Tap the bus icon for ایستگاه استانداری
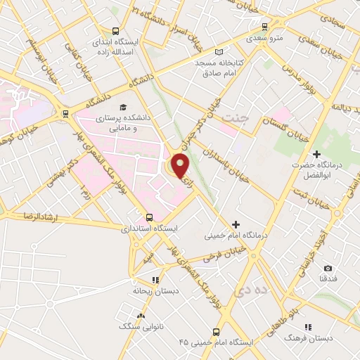coord(149,217)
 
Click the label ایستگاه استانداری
coord(149,229)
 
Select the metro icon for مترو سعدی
coord(264,27)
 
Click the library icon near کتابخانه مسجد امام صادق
coord(219,52)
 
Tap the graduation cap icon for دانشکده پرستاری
coord(124,107)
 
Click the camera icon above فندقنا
coord(328,268)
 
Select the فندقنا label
coord(328,279)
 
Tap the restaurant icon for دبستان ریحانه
coord(155,279)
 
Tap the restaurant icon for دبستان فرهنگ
coord(308,327)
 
